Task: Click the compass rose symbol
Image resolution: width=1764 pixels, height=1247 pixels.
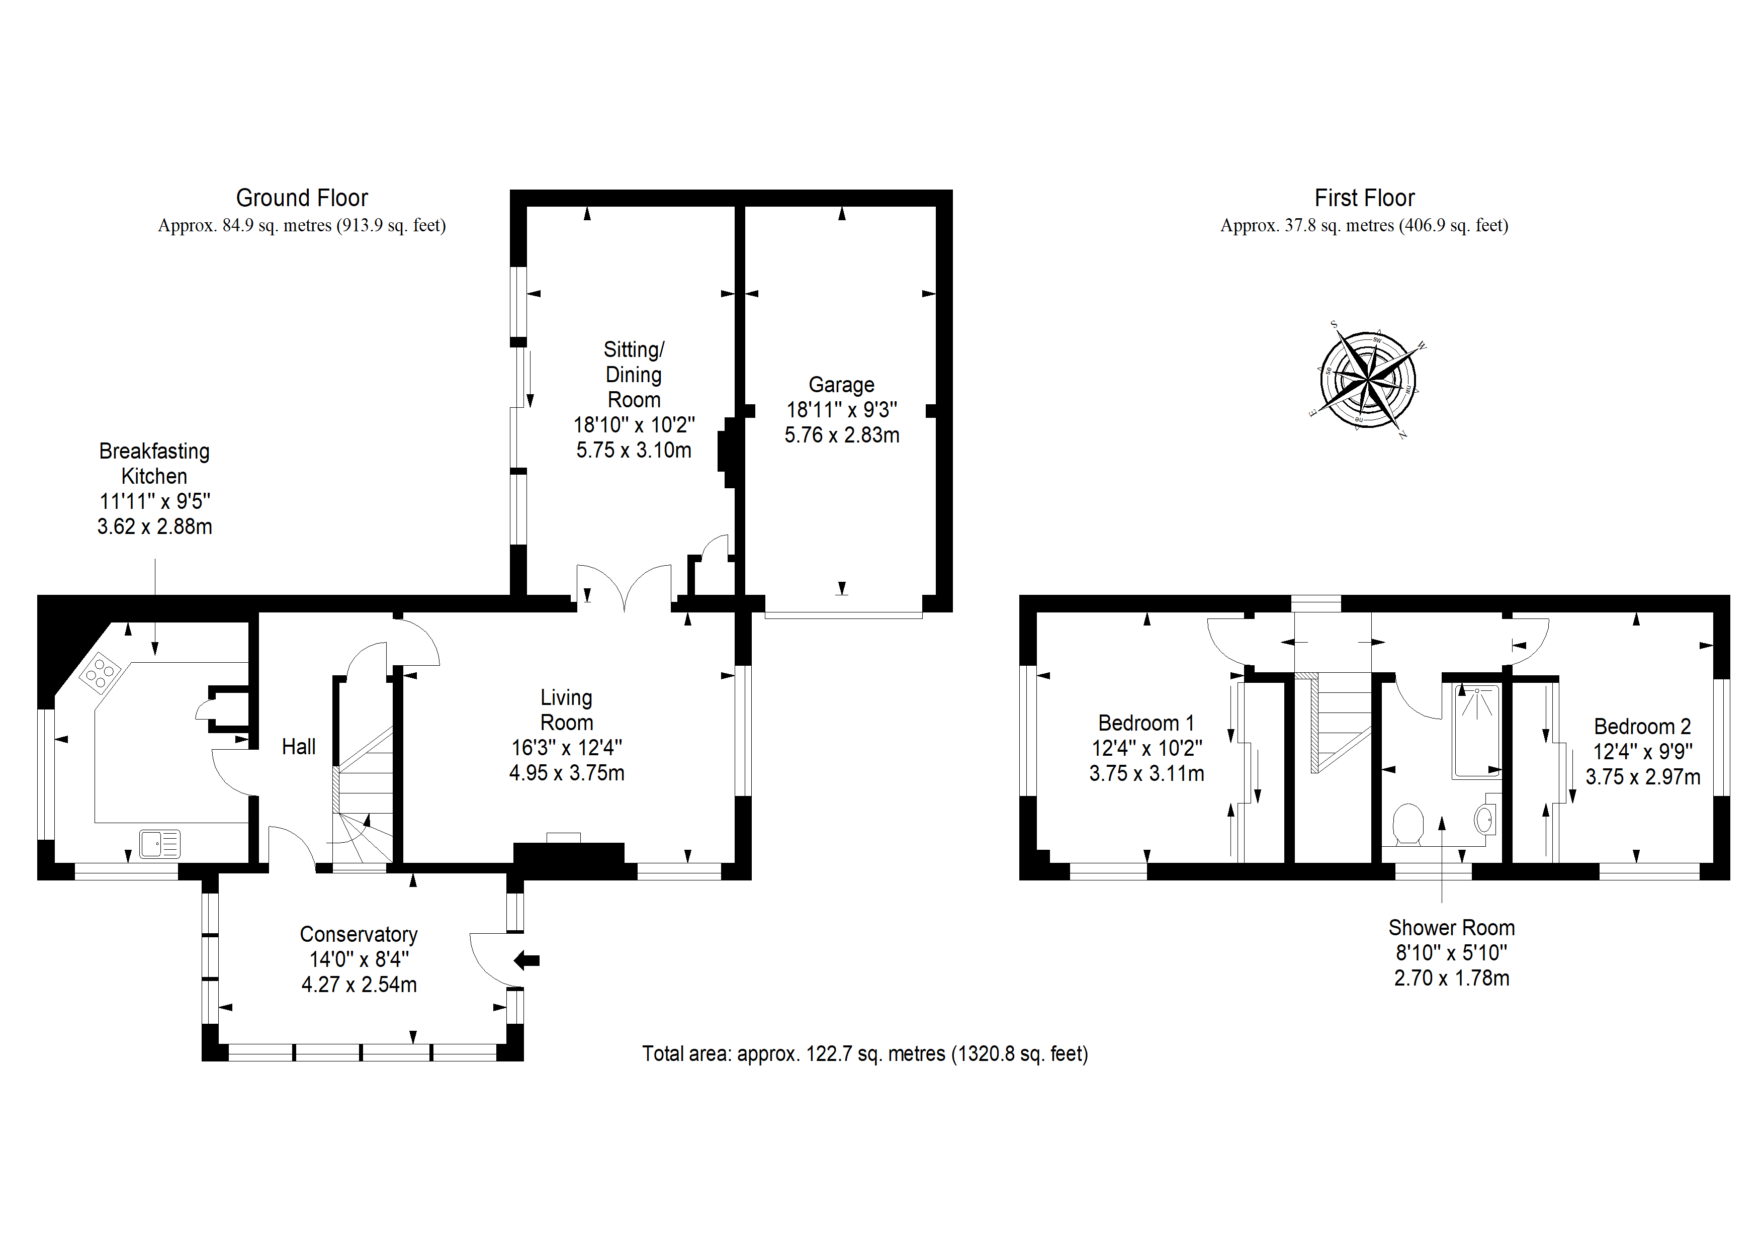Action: [x=1368, y=379]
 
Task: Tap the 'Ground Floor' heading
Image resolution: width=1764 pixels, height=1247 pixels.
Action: [x=302, y=198]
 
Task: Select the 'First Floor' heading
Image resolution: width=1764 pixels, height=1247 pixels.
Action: [x=1365, y=198]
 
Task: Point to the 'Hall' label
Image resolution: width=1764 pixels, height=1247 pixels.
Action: [x=298, y=747]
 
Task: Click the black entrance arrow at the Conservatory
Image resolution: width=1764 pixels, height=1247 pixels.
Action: [x=526, y=960]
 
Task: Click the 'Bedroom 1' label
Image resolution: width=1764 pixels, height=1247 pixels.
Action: [x=1146, y=723]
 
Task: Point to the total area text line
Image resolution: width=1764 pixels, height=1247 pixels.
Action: [x=865, y=1053]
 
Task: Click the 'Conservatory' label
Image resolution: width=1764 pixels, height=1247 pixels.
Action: [x=359, y=934]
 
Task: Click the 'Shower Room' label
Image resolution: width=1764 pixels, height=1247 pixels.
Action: [x=1451, y=928]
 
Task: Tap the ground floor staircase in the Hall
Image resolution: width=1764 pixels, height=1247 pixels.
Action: [x=363, y=795]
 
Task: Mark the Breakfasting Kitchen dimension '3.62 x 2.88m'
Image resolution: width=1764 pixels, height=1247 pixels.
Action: [x=154, y=526]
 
